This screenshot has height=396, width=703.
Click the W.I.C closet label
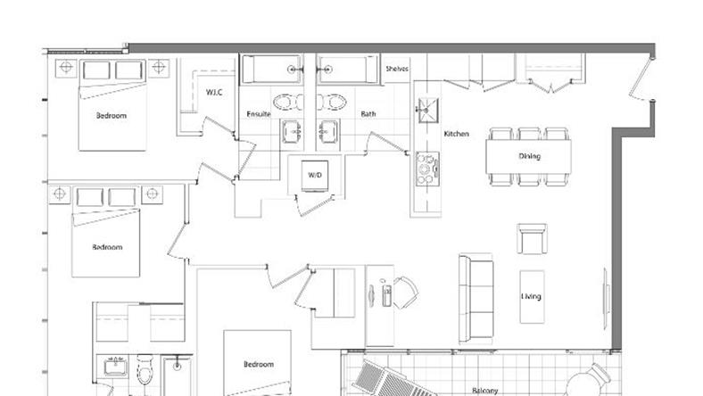[x=214, y=93]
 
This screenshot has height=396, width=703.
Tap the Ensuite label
[x=259, y=114]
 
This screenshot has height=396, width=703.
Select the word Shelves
[x=397, y=69]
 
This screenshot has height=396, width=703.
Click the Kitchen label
[x=457, y=134]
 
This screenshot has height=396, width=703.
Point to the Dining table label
[x=530, y=156]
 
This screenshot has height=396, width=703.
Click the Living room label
[x=532, y=296]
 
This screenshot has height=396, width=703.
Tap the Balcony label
[x=485, y=391]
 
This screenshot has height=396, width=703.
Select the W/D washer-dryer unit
[x=315, y=176]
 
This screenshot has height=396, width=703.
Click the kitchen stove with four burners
[x=426, y=169]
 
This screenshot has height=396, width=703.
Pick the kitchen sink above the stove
[x=426, y=111]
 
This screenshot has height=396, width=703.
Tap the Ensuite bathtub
[x=272, y=70]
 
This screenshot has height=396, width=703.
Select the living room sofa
[x=476, y=298]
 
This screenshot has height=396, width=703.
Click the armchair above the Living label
[x=533, y=239]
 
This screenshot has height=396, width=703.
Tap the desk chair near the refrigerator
[x=406, y=293]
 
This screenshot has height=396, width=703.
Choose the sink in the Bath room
[x=328, y=132]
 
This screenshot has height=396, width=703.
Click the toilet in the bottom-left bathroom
[x=145, y=369]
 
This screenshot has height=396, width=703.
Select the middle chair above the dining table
[x=530, y=134]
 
